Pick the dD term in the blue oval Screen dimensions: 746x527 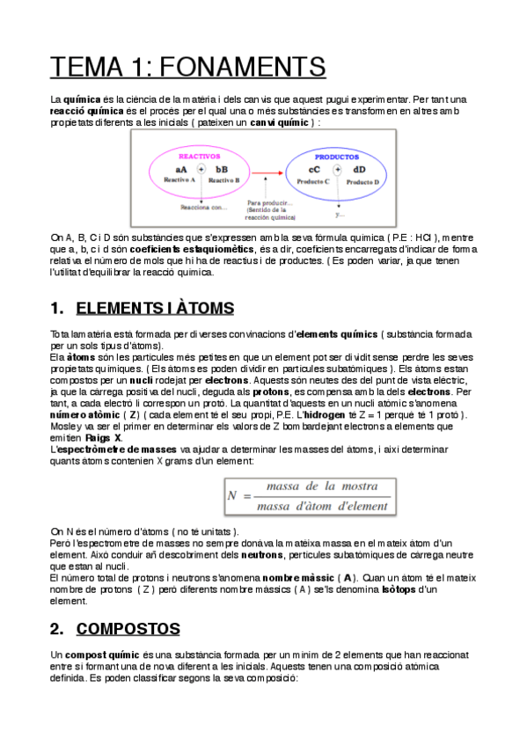tap(359, 169)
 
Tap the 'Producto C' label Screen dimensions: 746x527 tap(313, 181)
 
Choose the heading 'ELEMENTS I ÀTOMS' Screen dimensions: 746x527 tap(155, 308)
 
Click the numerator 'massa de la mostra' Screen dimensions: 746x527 tap(307, 486)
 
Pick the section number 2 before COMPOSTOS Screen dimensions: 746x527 tap(55, 628)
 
